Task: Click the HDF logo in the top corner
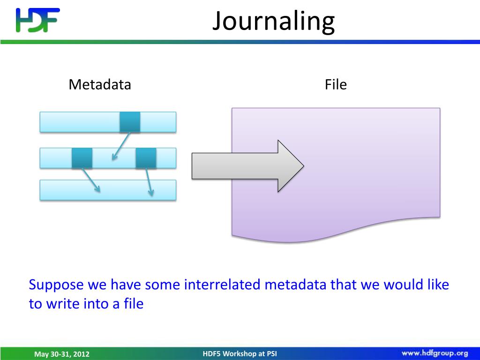37,20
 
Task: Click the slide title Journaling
273,21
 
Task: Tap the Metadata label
100,85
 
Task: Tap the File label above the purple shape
336,85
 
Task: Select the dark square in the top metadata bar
130,122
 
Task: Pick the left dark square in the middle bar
82,158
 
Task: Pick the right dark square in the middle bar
146,158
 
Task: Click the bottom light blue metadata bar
108,190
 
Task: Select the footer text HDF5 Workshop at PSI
240,353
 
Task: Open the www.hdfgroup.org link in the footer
435,353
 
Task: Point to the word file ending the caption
133,304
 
